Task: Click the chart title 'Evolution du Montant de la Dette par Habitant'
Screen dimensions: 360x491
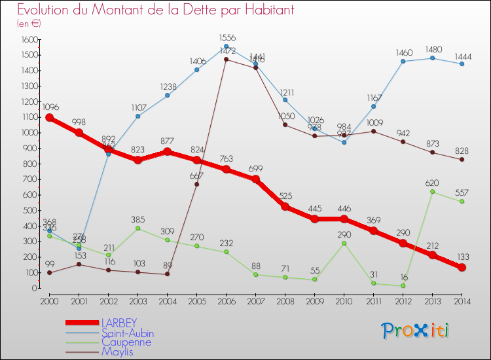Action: (x=155, y=10)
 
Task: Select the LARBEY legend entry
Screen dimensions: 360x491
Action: (x=118, y=323)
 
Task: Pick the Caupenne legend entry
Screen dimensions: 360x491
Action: (x=126, y=342)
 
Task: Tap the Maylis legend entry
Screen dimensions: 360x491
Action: (x=118, y=351)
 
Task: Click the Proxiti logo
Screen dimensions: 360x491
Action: (x=416, y=331)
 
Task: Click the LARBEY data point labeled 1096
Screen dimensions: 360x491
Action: (x=49, y=118)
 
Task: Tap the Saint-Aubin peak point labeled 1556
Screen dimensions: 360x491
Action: (x=226, y=46)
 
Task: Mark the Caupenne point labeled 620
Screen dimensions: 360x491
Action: (x=432, y=192)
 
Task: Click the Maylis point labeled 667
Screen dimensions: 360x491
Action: (x=196, y=184)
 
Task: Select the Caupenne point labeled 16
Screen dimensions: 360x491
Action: (x=403, y=285)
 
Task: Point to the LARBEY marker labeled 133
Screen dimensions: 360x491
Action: (x=462, y=267)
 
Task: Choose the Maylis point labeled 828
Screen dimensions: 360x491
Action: (x=462, y=159)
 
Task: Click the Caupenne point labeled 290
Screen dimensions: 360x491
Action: (x=344, y=243)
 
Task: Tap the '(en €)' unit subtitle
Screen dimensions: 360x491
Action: (x=29, y=24)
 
